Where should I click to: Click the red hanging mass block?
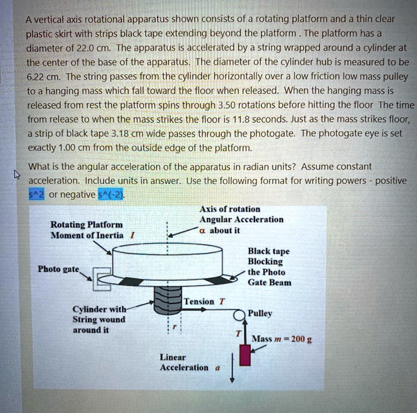(x=244, y=353)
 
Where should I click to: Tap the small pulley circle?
(x=239, y=315)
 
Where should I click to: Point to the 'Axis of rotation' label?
(x=230, y=209)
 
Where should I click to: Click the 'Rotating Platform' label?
(x=86, y=224)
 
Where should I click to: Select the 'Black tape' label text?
(x=268, y=251)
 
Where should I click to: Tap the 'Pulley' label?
(x=260, y=312)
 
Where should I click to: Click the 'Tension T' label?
(x=204, y=302)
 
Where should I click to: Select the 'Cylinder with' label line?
(x=99, y=309)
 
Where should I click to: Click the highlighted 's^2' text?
(x=37, y=194)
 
